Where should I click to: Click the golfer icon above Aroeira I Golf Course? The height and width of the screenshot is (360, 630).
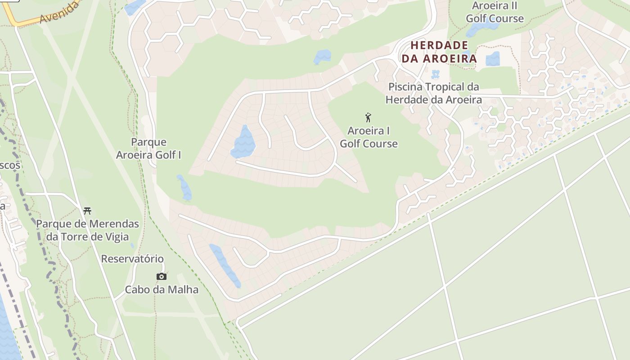pyautogui.click(x=368, y=118)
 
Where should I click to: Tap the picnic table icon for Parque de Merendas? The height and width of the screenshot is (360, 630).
pyautogui.click(x=87, y=210)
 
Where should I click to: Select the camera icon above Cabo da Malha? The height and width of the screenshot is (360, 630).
pyautogui.click(x=162, y=276)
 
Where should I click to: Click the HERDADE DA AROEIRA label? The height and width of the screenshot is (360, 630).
pyautogui.click(x=439, y=52)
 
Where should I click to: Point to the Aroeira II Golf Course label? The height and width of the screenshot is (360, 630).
pyautogui.click(x=495, y=12)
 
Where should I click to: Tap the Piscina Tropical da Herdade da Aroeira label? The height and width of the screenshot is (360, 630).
pyautogui.click(x=434, y=93)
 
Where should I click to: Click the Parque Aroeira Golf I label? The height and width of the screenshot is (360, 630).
pyautogui.click(x=148, y=148)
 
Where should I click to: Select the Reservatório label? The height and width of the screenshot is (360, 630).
pyautogui.click(x=132, y=259)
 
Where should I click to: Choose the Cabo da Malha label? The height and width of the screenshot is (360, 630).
pyautogui.click(x=162, y=289)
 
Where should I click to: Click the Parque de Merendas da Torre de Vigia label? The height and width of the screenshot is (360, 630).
pyautogui.click(x=88, y=230)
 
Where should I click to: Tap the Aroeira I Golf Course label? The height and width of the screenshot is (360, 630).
pyautogui.click(x=369, y=137)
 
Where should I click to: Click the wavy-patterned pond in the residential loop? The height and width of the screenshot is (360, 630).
pyautogui.click(x=243, y=143)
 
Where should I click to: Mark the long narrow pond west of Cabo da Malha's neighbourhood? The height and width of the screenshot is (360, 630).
pyautogui.click(x=225, y=265)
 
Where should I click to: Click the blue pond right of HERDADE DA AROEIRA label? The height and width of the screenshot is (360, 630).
pyautogui.click(x=493, y=59)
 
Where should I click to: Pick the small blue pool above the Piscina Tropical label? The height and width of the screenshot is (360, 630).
pyautogui.click(x=435, y=74)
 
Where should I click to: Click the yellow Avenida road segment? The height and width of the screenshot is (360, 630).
pyautogui.click(x=27, y=22)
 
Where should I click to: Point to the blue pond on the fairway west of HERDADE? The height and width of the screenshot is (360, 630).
pyautogui.click(x=322, y=57)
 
